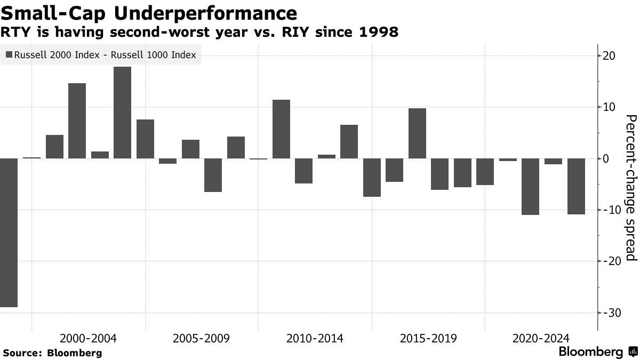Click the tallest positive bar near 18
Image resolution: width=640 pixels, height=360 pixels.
tap(122, 113)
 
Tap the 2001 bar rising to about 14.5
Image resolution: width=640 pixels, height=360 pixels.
tap(77, 121)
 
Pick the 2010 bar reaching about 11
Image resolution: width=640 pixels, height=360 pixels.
tap(281, 129)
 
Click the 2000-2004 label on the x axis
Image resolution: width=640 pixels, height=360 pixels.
tap(89, 339)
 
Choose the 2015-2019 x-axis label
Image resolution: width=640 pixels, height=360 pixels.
tap(428, 339)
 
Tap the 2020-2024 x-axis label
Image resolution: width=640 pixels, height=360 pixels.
tap(541, 339)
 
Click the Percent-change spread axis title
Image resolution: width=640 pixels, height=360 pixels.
tap(630, 188)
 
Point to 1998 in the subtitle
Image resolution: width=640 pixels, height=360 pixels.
tap(378, 33)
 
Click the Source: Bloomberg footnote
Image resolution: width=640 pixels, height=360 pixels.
tap(52, 353)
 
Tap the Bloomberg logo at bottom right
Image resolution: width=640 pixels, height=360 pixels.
tap(597, 352)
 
